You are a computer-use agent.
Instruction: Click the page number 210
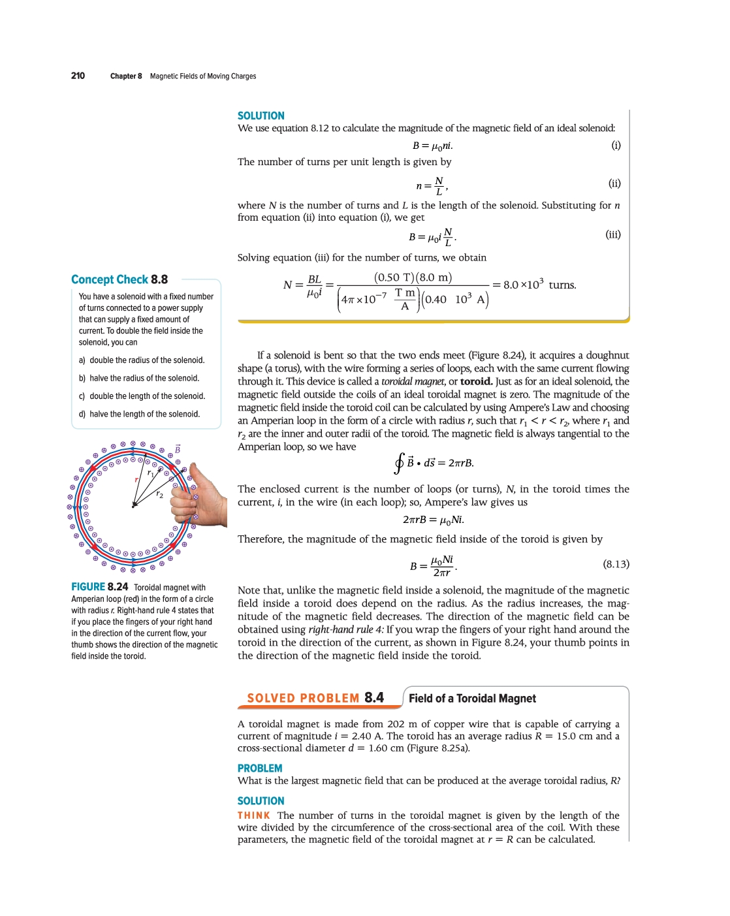click(78, 76)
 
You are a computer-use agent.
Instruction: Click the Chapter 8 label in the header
click(126, 76)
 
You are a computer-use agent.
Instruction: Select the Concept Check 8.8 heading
click(119, 279)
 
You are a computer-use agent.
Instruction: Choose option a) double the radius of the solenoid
click(142, 360)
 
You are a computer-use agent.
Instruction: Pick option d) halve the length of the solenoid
click(140, 414)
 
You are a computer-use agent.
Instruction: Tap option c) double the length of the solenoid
click(142, 396)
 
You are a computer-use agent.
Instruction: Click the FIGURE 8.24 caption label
click(99, 587)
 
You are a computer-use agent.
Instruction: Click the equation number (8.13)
click(616, 564)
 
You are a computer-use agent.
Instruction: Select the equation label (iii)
click(612, 234)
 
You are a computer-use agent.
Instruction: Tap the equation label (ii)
click(614, 183)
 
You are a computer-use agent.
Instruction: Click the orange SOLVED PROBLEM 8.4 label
click(315, 698)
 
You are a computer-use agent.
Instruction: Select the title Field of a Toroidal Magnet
click(472, 699)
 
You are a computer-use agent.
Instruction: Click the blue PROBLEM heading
click(260, 768)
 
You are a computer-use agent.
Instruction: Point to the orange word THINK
click(253, 815)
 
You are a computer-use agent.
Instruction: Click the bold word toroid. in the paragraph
click(476, 381)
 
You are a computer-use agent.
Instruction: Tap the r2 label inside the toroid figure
click(159, 495)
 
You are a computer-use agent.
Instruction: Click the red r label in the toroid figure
click(136, 480)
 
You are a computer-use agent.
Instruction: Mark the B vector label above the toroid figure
click(177, 449)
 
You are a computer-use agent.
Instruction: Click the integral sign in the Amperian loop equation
click(398, 463)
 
